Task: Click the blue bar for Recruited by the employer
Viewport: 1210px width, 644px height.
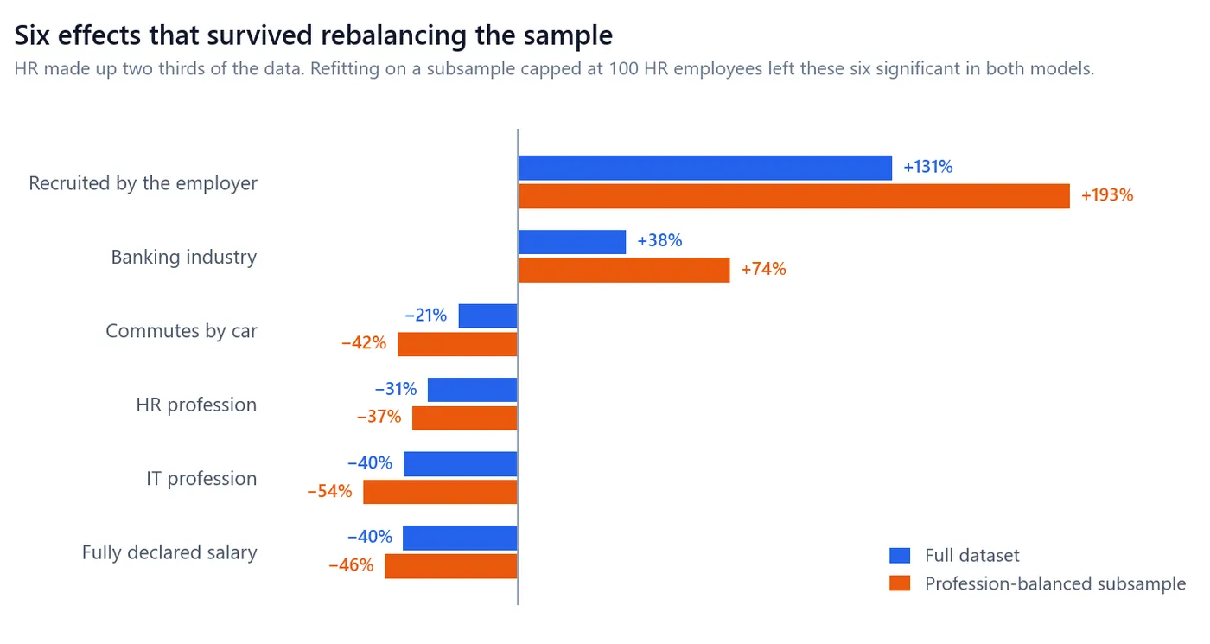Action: [x=705, y=168]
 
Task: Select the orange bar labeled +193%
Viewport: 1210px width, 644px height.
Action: [x=794, y=196]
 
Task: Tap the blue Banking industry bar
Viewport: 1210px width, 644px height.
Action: [x=572, y=242]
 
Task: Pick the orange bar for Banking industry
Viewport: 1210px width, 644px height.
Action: [x=624, y=270]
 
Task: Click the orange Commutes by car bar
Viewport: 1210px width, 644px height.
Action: [x=457, y=344]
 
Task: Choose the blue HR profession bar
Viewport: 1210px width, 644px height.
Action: [x=473, y=390]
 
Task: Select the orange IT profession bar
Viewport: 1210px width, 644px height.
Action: [x=440, y=492]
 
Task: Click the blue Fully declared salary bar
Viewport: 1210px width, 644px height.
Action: [x=460, y=538]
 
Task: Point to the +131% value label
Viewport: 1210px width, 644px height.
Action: [x=928, y=167]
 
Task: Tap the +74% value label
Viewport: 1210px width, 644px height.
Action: [x=763, y=269]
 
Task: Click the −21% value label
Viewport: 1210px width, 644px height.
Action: [x=425, y=315]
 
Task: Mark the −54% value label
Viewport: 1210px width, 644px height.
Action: [x=329, y=491]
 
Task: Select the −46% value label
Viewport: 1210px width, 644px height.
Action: [x=351, y=565]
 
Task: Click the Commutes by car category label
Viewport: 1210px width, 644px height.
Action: [x=181, y=330]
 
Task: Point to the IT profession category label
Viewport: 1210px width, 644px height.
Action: [x=201, y=479]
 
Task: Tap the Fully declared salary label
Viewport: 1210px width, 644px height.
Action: [x=169, y=552]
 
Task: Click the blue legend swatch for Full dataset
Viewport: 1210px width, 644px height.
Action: [x=900, y=555]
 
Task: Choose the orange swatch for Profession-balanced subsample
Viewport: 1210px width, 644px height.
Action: [x=900, y=583]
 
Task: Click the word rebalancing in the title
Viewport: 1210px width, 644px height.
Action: [x=393, y=36]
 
